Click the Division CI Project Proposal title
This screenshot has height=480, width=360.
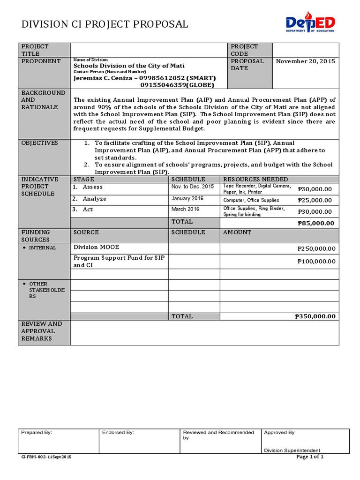[105, 24]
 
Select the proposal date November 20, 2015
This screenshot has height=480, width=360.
[305, 61]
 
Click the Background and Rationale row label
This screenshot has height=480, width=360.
[44, 100]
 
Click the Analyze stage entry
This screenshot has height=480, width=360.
[94, 199]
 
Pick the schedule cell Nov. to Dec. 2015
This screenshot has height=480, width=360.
[192, 187]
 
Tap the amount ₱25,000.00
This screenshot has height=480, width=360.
[315, 200]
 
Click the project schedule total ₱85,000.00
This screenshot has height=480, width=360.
[316, 223]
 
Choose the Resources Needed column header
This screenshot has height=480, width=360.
[255, 180]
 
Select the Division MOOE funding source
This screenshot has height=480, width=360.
[93, 247]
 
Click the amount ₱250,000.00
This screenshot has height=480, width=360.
[316, 249]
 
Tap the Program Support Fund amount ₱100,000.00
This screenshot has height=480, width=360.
[316, 262]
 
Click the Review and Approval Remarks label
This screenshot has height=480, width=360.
[42, 331]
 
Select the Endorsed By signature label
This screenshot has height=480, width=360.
[118, 433]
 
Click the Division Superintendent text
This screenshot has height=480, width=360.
[286, 450]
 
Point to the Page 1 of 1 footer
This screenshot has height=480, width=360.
[310, 457]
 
